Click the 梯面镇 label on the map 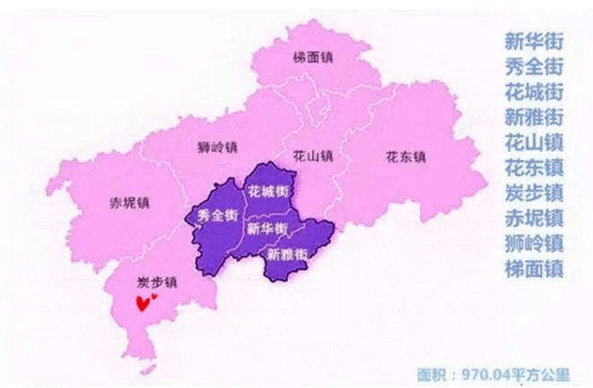click(x=311, y=57)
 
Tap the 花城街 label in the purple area click(x=267, y=190)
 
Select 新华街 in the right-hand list click(x=533, y=40)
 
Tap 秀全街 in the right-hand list click(x=533, y=66)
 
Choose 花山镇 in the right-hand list click(x=533, y=141)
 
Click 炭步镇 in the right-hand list click(x=533, y=191)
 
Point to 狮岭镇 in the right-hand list click(x=533, y=242)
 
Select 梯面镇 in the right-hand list click(x=533, y=267)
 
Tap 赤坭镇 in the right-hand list click(x=533, y=216)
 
